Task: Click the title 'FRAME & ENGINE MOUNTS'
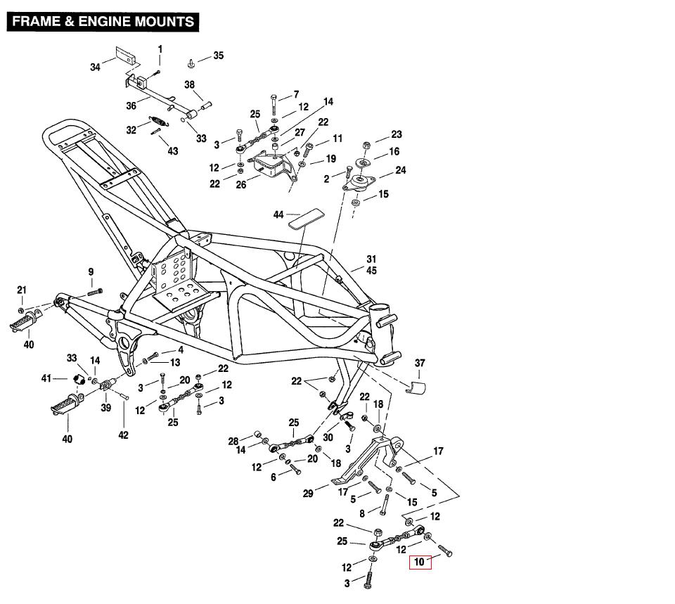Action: (103, 21)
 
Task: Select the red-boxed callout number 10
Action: (420, 562)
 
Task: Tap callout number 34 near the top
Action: (96, 68)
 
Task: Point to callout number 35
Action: (218, 56)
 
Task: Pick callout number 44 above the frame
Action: (278, 214)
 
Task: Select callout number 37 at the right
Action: (420, 364)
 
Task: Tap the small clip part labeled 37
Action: (416, 387)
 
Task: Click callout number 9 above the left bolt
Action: (91, 272)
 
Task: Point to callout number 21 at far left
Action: (21, 290)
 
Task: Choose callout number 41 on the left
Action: (47, 378)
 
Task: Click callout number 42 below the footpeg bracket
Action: (123, 435)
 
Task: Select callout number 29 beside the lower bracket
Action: (308, 494)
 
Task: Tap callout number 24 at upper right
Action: (401, 170)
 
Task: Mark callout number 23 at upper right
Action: (397, 134)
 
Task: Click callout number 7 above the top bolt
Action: (296, 94)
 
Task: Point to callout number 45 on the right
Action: (371, 271)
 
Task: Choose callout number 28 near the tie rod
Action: (233, 441)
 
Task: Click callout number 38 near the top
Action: (189, 85)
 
